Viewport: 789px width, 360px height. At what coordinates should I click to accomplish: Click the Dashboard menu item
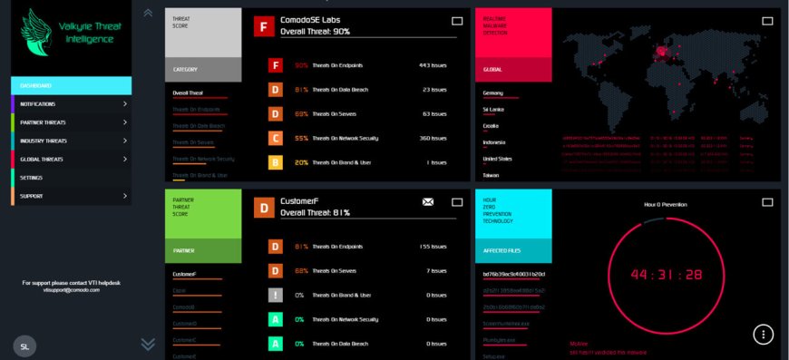point(36,85)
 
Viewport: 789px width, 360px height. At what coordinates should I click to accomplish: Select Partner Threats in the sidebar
point(44,122)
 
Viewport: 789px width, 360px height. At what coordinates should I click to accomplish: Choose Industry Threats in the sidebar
point(44,141)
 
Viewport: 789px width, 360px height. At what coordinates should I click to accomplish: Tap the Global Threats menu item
point(42,160)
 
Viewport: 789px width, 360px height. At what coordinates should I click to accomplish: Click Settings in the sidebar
point(32,178)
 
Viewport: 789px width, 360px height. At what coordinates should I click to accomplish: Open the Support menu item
point(32,196)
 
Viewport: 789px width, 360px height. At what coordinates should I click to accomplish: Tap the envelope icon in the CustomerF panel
point(428,202)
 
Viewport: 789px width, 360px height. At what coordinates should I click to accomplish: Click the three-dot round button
point(764,335)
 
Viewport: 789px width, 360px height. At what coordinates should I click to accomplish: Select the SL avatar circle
point(25,345)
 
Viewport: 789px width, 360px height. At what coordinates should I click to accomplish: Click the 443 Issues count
point(432,65)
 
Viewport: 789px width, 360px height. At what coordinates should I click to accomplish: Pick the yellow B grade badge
point(276,163)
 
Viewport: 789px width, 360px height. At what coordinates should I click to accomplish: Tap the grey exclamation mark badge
point(276,295)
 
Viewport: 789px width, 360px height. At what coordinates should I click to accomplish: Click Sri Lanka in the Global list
point(494,109)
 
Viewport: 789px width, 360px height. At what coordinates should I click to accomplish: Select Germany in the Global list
point(493,92)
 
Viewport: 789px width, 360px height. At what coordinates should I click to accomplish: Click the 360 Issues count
point(432,139)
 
